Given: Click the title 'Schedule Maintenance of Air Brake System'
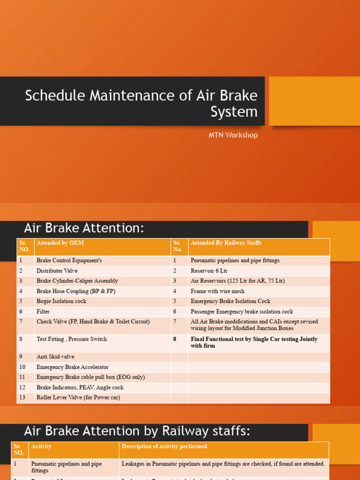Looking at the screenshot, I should click(141, 103).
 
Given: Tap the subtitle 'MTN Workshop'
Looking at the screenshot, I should click(233, 135).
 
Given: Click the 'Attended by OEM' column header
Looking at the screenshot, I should click(60, 243).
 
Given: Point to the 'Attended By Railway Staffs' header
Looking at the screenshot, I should click(226, 243).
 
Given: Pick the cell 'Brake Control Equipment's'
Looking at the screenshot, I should click(69, 261).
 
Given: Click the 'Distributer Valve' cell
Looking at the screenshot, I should click(57, 271).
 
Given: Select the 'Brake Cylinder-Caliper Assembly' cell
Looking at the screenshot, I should click(77, 281).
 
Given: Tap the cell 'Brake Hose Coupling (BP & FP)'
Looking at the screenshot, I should click(76, 291).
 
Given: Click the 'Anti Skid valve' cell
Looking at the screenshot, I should click(55, 357).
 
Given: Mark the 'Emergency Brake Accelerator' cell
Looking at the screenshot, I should click(73, 367).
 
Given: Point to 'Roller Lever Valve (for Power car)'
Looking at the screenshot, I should click(78, 397).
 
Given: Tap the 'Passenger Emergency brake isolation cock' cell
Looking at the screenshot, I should click(242, 312).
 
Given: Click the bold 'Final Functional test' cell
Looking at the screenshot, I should click(254, 342).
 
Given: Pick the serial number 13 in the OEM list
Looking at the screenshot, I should click(22, 397).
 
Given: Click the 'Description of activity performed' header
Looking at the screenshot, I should click(164, 446).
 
